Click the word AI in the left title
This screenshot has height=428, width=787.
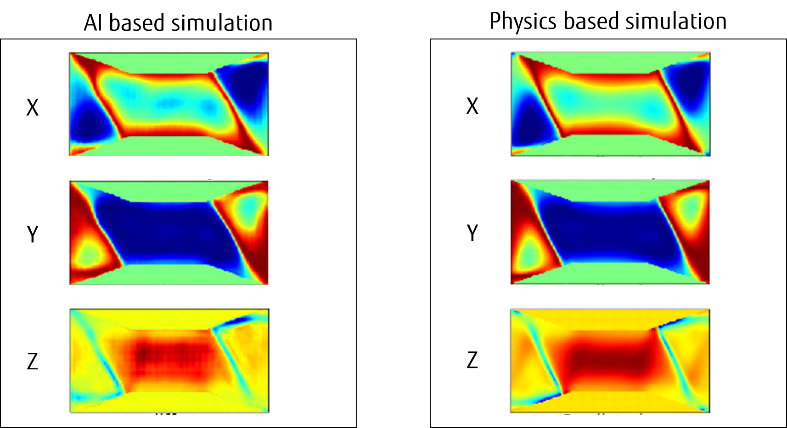pyautogui.click(x=94, y=23)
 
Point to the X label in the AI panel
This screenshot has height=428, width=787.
pyautogui.click(x=32, y=108)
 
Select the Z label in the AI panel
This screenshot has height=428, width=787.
pyautogui.click(x=32, y=361)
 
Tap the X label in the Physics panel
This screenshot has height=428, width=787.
pyautogui.click(x=472, y=106)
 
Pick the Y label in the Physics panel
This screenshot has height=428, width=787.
pyautogui.click(x=472, y=233)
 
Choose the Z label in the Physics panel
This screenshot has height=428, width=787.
pyautogui.click(x=472, y=360)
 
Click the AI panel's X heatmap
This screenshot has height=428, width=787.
pyautogui.click(x=169, y=104)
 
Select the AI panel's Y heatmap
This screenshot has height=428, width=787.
pyautogui.click(x=169, y=233)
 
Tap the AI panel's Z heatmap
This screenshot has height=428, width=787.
pyautogui.click(x=169, y=361)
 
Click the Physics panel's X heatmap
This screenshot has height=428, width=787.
pyautogui.click(x=610, y=104)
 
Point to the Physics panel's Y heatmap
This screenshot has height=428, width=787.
pyautogui.click(x=610, y=232)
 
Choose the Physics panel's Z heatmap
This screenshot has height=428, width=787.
pyautogui.click(x=610, y=361)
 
